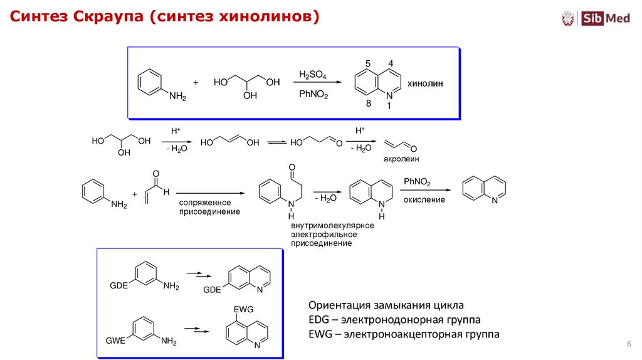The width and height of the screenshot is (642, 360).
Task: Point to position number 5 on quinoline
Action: [369, 64]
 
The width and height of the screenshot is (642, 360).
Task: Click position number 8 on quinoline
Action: [369, 103]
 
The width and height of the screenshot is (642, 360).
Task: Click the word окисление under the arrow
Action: [424, 200]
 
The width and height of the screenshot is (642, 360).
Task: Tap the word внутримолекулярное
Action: [332, 225]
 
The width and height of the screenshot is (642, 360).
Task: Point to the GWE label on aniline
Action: [115, 341]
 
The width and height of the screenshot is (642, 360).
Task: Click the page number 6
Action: [628, 345]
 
